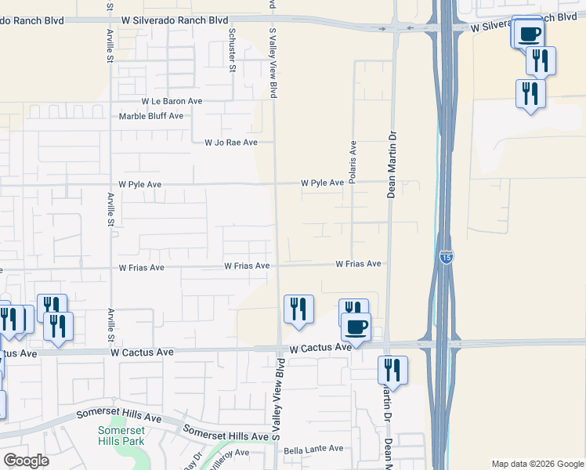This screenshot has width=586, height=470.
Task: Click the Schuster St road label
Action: coord(232,49)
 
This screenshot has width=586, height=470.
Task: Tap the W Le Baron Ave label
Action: coord(172,101)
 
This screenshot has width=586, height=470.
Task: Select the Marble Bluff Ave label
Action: coord(150,116)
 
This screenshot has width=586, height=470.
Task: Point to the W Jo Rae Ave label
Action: coord(230,143)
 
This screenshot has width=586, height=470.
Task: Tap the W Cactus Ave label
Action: coord(320,347)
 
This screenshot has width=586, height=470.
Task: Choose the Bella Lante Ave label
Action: coord(313,449)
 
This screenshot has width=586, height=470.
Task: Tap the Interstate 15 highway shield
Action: coord(445,258)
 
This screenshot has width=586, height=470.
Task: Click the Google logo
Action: coord(26,461)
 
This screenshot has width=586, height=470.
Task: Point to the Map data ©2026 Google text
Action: coord(537,464)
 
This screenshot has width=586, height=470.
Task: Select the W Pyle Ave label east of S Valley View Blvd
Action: coord(322,183)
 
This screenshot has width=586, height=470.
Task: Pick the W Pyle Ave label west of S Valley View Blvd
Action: coord(139,184)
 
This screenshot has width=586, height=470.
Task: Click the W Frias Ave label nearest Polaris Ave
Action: coord(358,264)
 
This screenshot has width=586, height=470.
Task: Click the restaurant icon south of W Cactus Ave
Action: coord(392,370)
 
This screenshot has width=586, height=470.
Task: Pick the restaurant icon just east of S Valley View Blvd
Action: coord(298,309)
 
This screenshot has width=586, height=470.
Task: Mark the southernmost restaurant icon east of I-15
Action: coord(530,94)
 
